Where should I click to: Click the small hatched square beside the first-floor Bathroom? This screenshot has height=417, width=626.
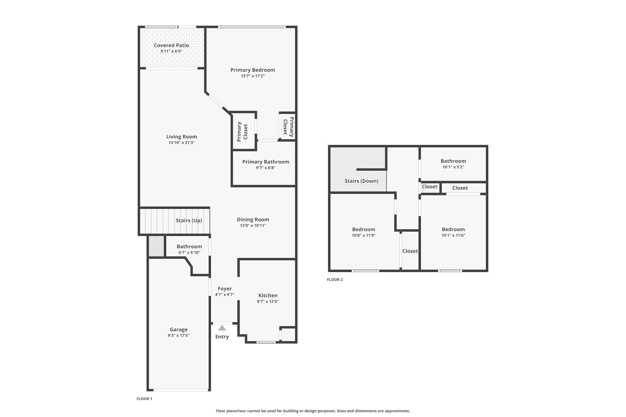(156, 246)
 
